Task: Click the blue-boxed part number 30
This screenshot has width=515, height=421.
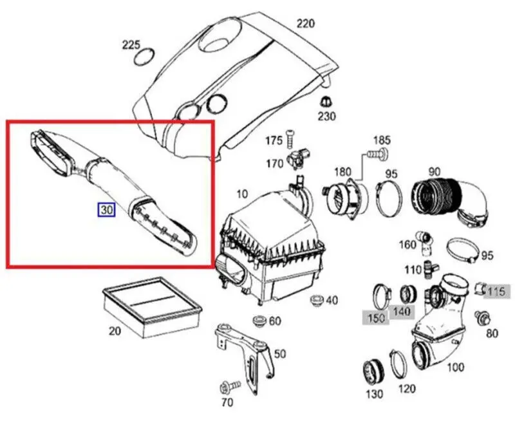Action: pos(106,209)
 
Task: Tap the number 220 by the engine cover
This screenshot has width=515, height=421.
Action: pos(305,24)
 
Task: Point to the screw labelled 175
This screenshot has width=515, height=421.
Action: pos(290,137)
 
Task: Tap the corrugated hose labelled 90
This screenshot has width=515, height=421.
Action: pos(448,201)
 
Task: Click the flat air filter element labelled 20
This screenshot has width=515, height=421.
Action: pos(151,306)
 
